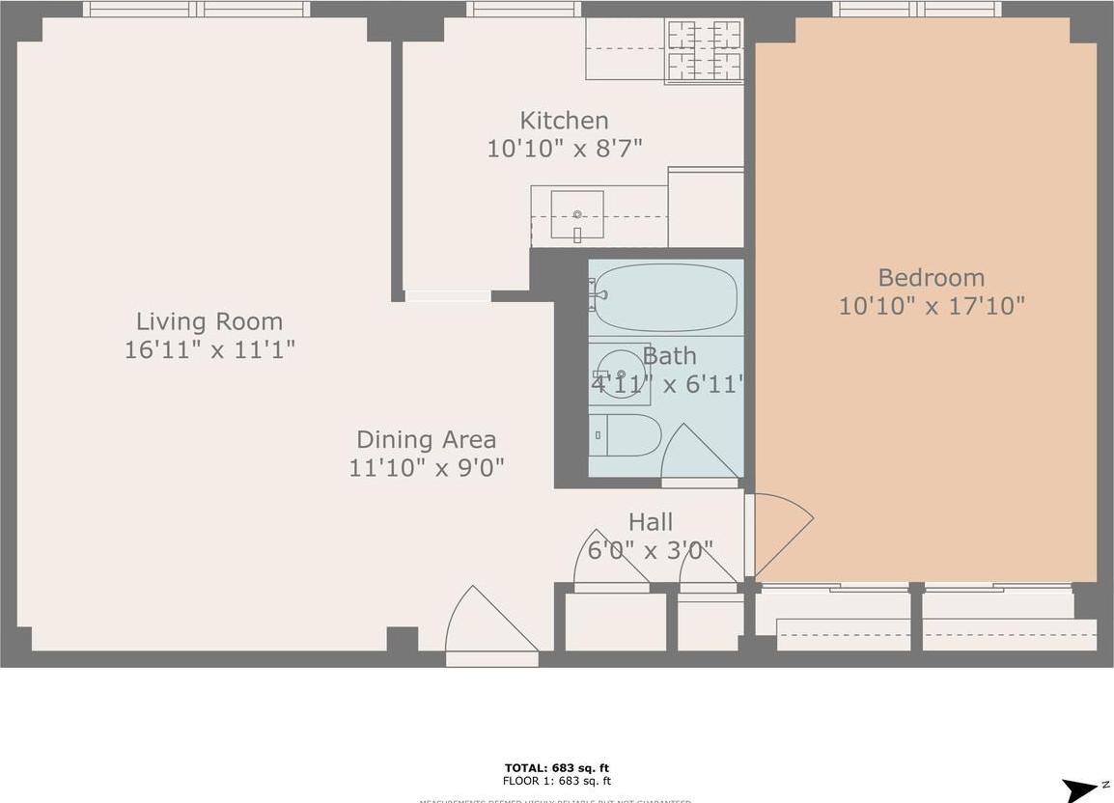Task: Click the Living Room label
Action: (x=209, y=321)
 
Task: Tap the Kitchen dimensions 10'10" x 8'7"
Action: (x=564, y=149)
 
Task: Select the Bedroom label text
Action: (x=931, y=278)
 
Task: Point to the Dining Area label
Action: (x=426, y=440)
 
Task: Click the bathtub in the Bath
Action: (x=665, y=297)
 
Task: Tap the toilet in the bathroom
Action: (x=626, y=435)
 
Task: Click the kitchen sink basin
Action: (x=576, y=214)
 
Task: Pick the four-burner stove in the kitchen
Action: (x=705, y=50)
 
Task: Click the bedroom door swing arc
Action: (x=780, y=533)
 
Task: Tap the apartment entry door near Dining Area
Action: (x=488, y=623)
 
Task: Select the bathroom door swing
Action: (x=699, y=455)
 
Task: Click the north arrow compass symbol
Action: (x=1080, y=789)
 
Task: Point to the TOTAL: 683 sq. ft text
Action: (x=557, y=768)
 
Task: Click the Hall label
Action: (x=650, y=522)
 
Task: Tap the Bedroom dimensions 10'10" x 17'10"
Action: (x=931, y=307)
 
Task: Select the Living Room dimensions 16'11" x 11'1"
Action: (x=209, y=349)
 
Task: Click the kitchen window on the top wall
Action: (x=523, y=9)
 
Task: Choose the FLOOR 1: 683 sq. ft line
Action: (x=557, y=781)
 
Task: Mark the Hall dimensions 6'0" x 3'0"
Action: (x=650, y=550)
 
